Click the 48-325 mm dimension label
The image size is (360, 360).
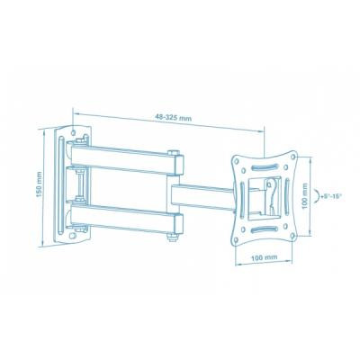click(x=173, y=117)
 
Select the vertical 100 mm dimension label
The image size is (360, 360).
click(x=305, y=196)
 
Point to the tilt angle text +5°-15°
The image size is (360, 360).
click(x=331, y=197)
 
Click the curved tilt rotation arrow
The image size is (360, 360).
click(x=316, y=196)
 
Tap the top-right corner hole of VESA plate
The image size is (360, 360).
click(x=293, y=157)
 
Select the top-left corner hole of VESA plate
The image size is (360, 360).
click(x=237, y=160)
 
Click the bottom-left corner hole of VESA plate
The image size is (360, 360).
click(x=237, y=239)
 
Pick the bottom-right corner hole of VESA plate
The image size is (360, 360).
click(x=292, y=236)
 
